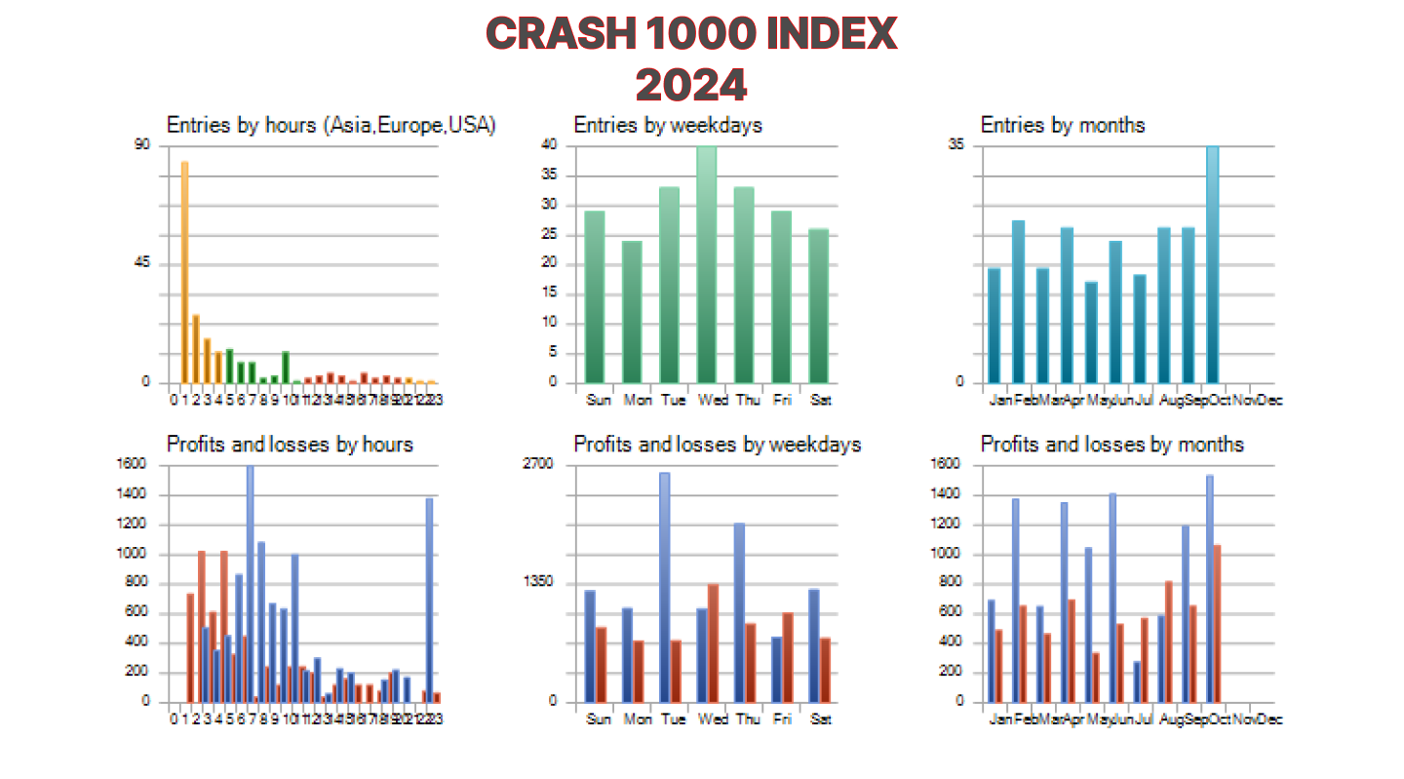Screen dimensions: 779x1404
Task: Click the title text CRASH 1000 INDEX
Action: coord(691,35)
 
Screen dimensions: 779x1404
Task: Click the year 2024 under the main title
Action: coord(691,85)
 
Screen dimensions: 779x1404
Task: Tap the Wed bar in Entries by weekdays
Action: coord(706,263)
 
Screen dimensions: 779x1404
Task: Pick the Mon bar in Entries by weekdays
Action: coord(632,311)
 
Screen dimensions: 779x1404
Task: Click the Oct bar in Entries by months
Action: coord(1212,263)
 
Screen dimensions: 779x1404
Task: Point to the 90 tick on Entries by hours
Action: coord(142,145)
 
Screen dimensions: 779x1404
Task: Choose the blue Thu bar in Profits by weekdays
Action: coord(739,612)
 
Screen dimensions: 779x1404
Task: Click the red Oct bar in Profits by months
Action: coord(1217,623)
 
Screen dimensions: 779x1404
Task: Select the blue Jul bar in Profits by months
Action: coord(1136,682)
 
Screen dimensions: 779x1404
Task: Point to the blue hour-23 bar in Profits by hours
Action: coord(429,600)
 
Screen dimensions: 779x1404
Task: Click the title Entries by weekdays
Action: coord(668,125)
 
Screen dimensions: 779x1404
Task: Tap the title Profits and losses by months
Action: coord(1111,445)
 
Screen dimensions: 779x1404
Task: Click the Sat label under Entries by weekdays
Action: coord(821,399)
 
